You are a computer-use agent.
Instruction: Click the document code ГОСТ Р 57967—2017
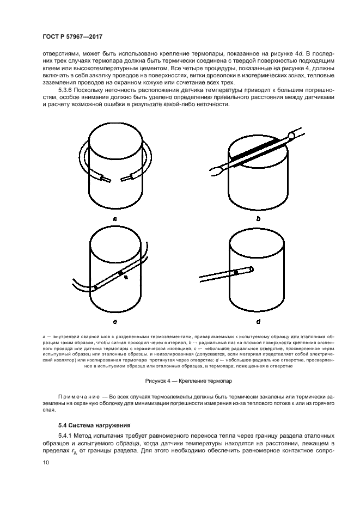click(72, 36)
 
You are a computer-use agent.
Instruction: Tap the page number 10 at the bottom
click(45, 462)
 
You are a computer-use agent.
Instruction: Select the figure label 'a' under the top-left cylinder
click(115, 218)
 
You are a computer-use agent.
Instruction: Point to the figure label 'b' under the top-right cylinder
click(258, 218)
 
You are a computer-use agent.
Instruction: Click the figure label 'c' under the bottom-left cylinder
click(115, 322)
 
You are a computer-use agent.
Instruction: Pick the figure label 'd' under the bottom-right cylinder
click(258, 322)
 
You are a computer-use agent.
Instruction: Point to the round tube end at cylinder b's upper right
click(292, 134)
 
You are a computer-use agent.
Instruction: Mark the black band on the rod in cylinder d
click(235, 272)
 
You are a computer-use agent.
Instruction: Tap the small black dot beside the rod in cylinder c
click(126, 278)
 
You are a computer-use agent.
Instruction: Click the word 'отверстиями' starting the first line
click(60, 54)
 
